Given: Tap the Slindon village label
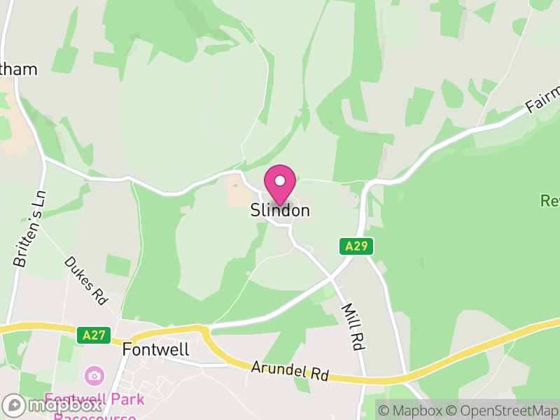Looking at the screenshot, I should tap(280, 211).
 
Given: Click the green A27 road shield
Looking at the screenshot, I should tap(93, 335).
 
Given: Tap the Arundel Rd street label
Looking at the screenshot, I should tap(290, 370).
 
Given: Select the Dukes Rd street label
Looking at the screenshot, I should tap(86, 279).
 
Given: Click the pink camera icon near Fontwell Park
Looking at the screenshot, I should tap(93, 376).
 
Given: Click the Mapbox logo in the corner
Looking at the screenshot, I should tap(52, 405).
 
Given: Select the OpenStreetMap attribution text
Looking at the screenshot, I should tap(503, 410).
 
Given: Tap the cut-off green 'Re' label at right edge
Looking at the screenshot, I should tap(549, 202).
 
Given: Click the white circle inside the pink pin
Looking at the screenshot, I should tap(280, 181).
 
